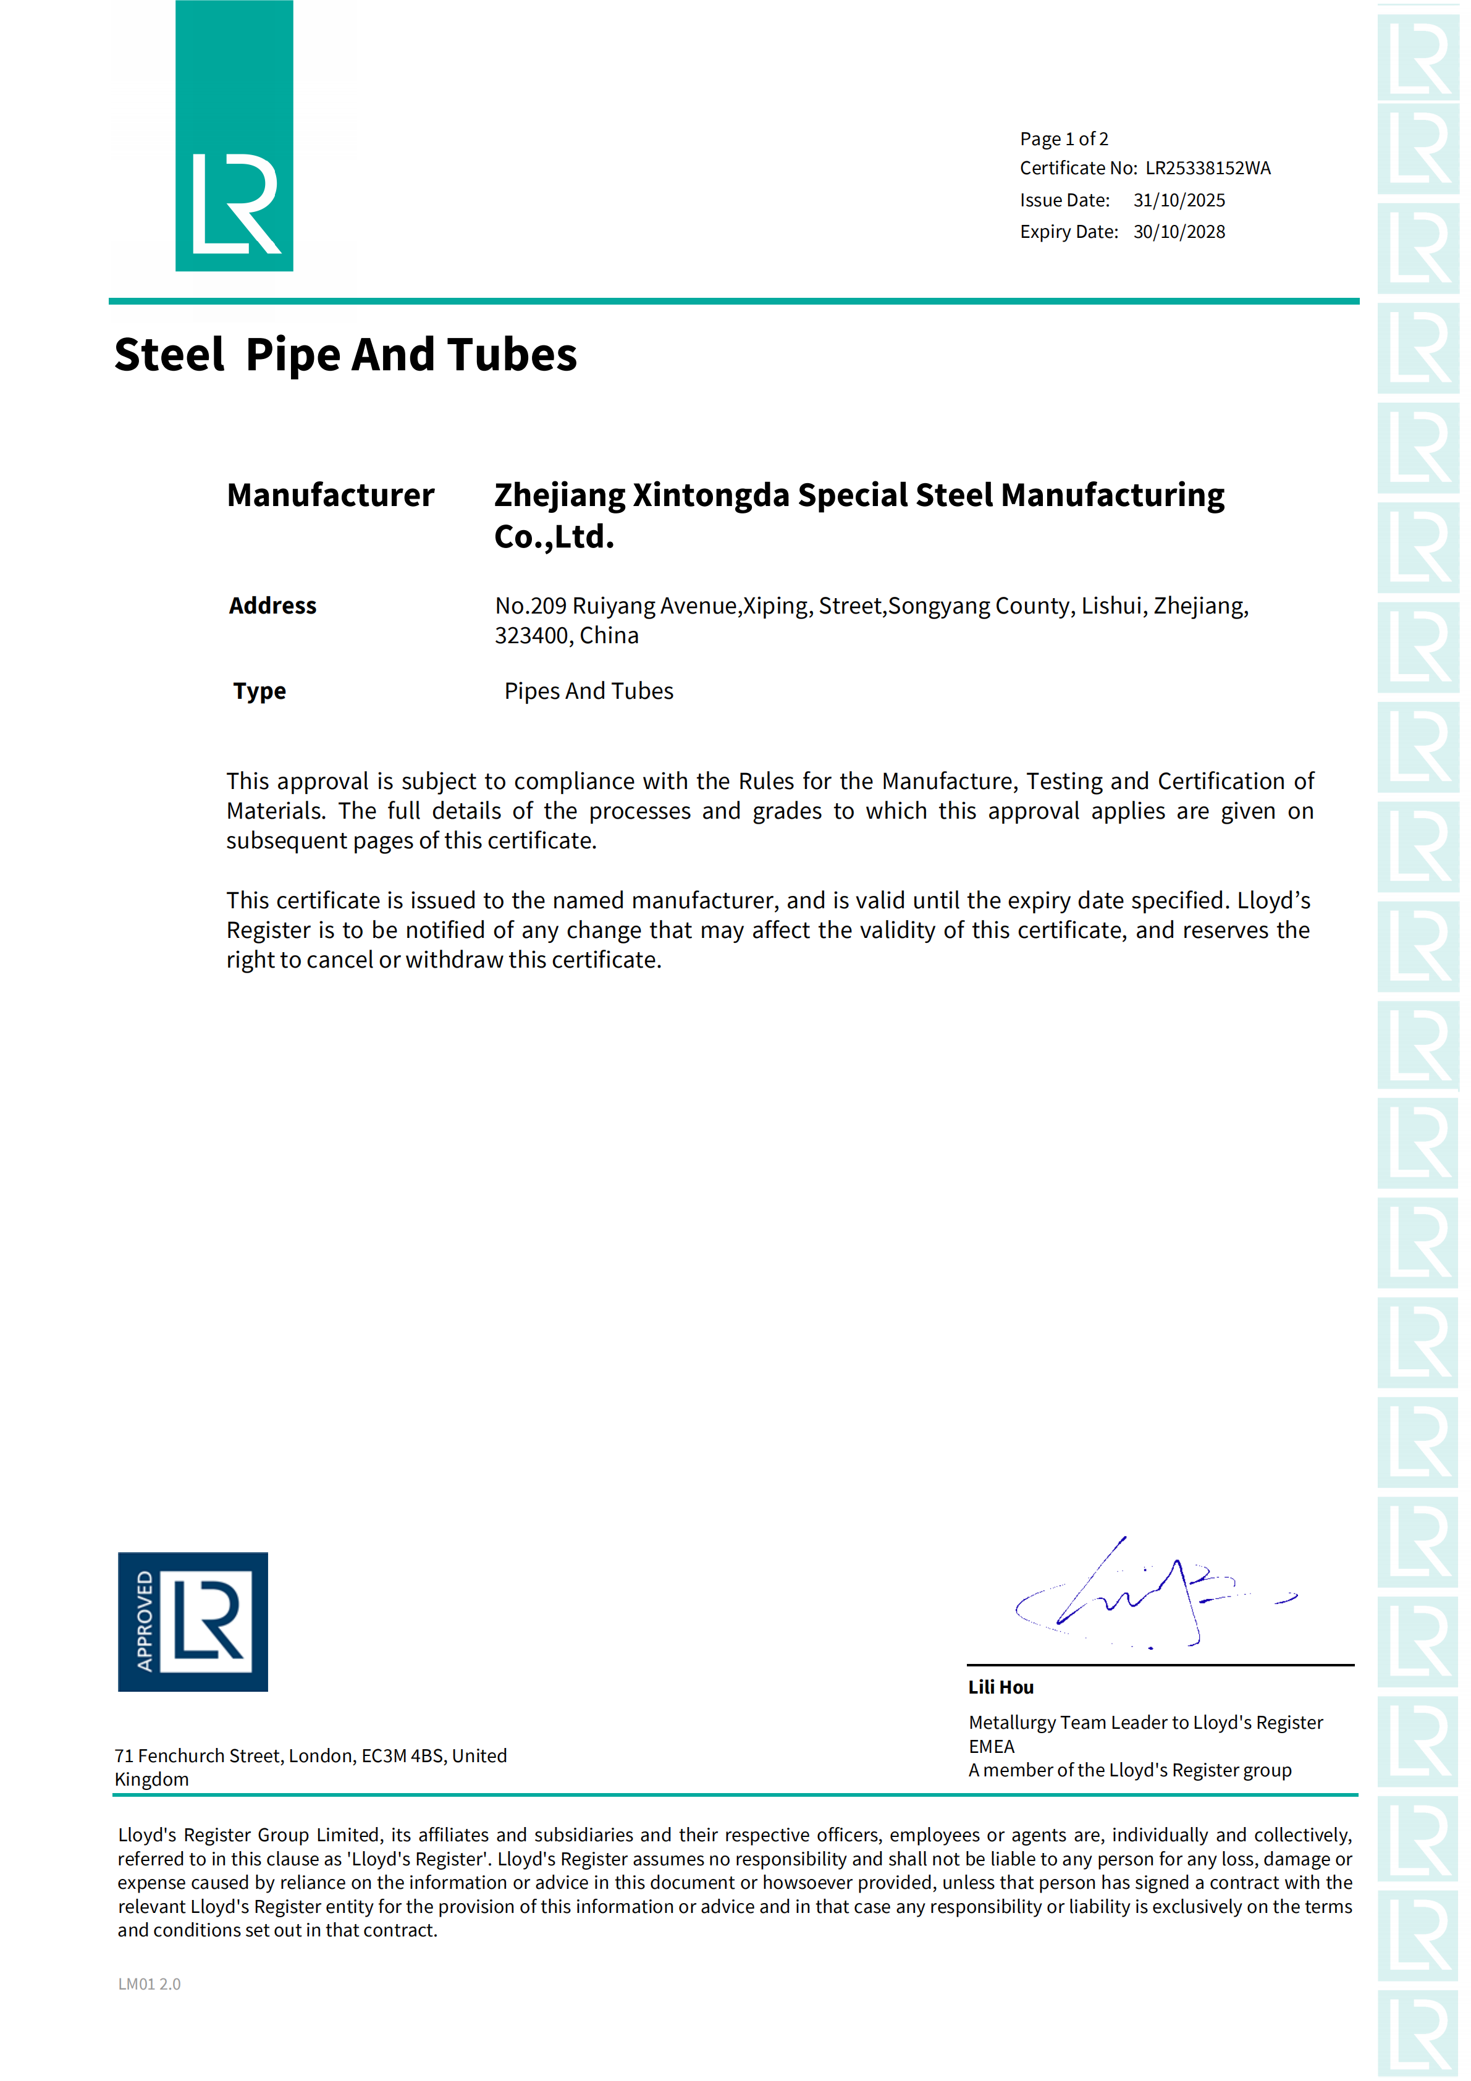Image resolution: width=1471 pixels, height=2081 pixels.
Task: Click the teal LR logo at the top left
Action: pos(234,136)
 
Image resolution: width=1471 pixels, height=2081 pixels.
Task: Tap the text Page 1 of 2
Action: pos(1063,138)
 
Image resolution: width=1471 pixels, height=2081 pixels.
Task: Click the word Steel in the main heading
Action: pos(169,355)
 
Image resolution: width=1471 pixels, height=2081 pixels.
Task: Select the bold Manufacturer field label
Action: pos(330,496)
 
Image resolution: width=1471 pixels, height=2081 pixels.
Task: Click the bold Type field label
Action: pos(259,691)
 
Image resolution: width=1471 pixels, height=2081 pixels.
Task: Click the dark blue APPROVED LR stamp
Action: pos(192,1621)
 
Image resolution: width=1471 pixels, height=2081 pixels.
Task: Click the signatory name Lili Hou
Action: pos(1001,1687)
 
